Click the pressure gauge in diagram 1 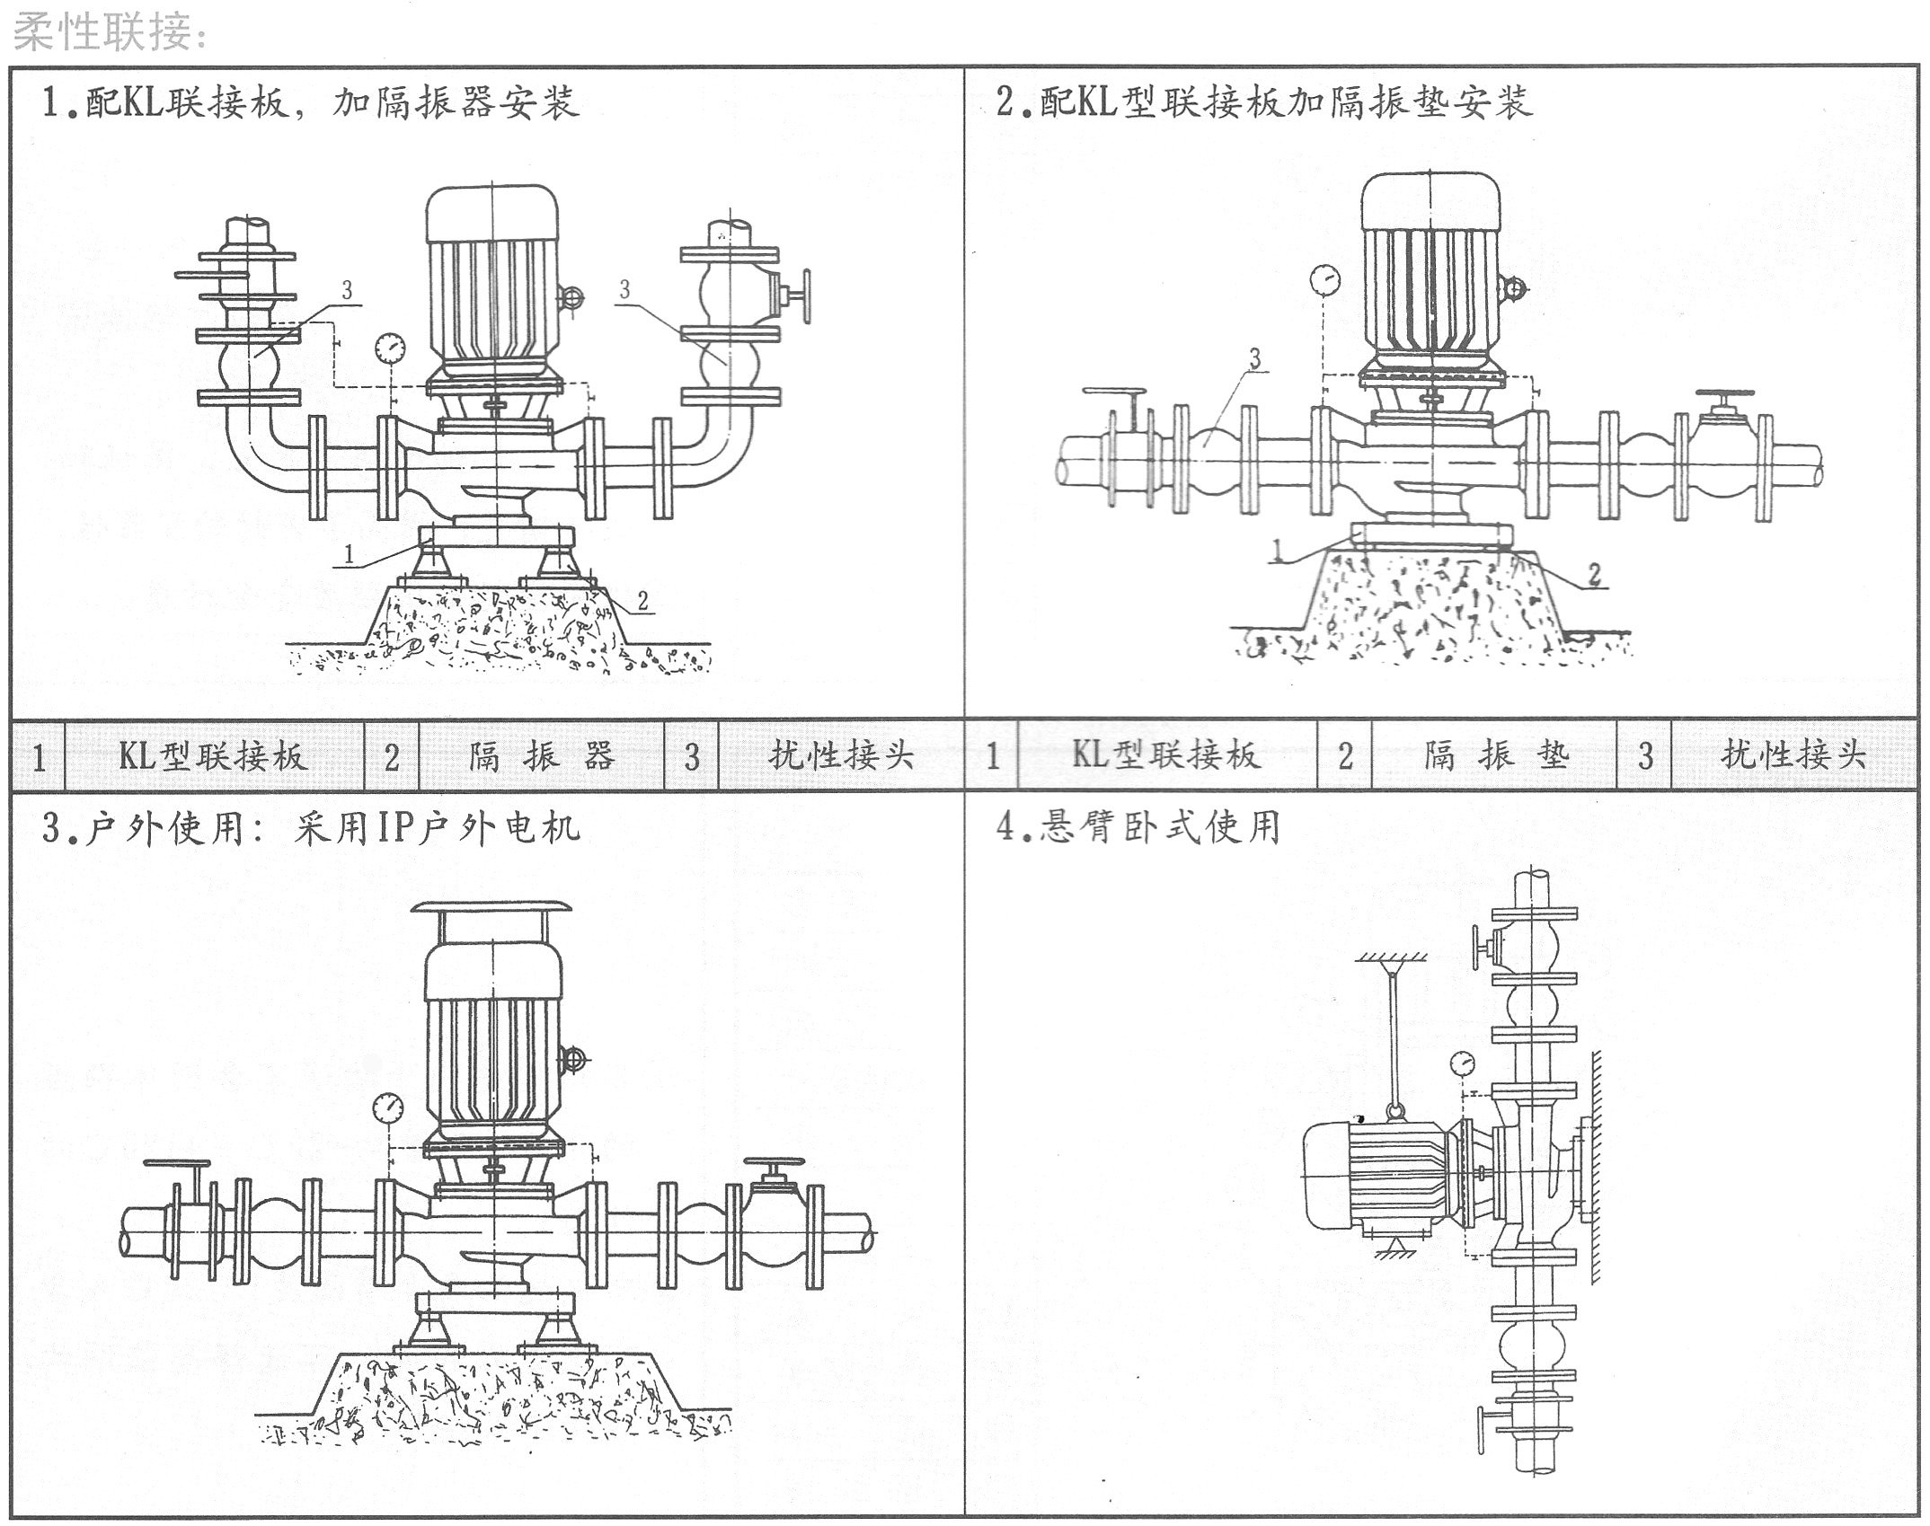(x=391, y=347)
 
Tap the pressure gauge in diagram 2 (x=1324, y=279)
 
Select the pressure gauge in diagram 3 (x=388, y=1107)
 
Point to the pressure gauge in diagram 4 (x=1463, y=1063)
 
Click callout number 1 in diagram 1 (x=350, y=554)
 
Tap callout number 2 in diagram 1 (x=643, y=601)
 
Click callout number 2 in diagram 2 (x=1595, y=574)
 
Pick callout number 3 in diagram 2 (x=1255, y=359)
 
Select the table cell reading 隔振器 (x=541, y=756)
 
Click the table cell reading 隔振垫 (x=1495, y=755)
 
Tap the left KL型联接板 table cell (x=214, y=756)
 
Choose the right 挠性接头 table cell (x=1793, y=755)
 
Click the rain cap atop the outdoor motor (x=491, y=907)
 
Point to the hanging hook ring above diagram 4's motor (x=1394, y=1113)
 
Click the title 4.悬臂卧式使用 (x=1138, y=826)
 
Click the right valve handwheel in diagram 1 (x=806, y=295)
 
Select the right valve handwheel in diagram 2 (x=1724, y=396)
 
